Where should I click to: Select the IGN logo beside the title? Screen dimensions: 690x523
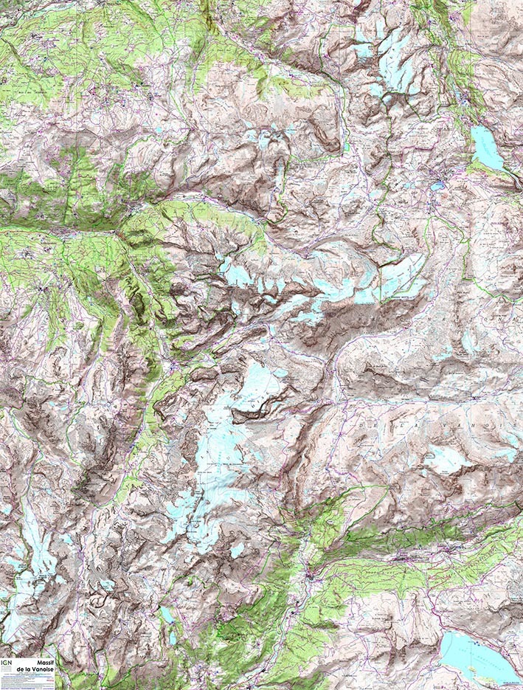(x=7, y=663)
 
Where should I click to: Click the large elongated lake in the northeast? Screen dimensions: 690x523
(x=487, y=146)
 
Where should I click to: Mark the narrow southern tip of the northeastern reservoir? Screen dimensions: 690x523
(x=506, y=168)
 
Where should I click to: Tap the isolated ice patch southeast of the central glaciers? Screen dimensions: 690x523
(x=237, y=550)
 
